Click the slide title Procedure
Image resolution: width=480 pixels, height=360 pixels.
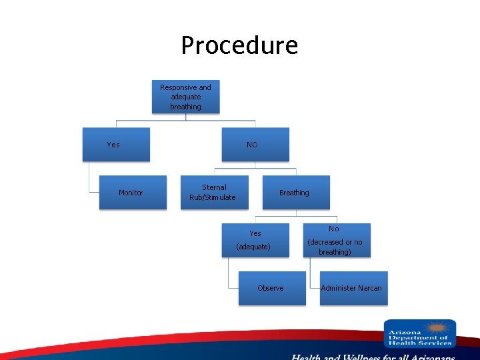[x=239, y=45]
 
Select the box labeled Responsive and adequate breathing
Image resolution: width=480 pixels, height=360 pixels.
[x=185, y=97]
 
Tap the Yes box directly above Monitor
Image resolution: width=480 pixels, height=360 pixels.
[x=115, y=145]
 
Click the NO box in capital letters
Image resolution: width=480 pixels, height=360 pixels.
[x=255, y=145]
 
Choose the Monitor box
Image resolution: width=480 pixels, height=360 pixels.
[x=133, y=193]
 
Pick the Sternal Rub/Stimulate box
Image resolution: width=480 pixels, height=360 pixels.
[x=214, y=193]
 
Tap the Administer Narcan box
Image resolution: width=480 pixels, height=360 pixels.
[x=353, y=288]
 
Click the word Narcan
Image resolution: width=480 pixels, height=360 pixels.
[x=369, y=288]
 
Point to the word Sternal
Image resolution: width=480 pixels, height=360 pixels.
[x=214, y=187]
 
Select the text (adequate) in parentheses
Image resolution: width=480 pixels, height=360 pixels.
[x=253, y=247]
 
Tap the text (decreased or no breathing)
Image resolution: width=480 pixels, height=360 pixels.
[x=335, y=247]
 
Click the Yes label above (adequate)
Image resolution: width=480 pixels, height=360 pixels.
[x=255, y=233]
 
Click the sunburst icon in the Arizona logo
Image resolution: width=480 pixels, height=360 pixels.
[x=437, y=328]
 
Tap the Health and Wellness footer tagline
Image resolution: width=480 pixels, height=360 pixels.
[x=373, y=357]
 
